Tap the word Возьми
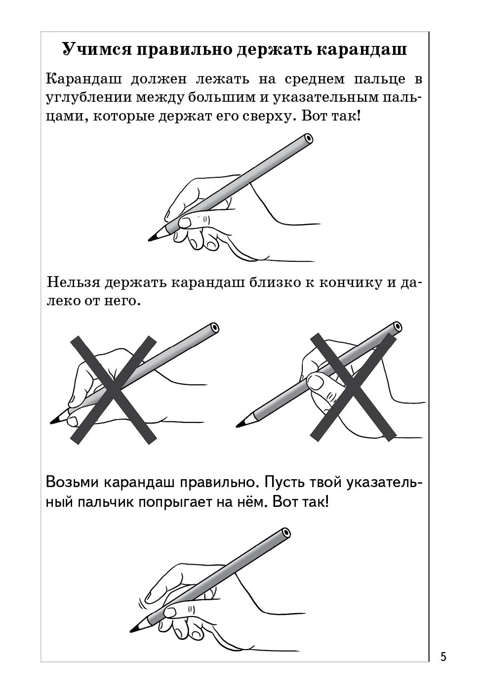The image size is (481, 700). click(x=72, y=482)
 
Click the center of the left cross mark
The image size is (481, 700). click(x=114, y=389)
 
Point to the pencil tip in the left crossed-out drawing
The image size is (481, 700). click(x=53, y=422)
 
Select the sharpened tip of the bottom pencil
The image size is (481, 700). click(x=132, y=630)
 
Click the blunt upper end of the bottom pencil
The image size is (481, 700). click(x=285, y=534)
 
